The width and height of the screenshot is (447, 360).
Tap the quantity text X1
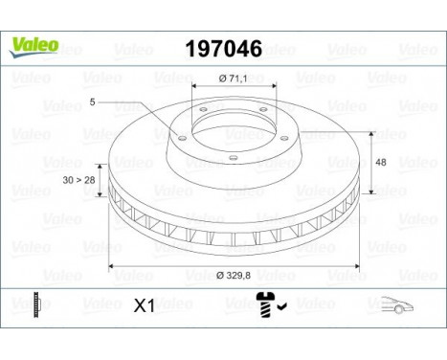pos(144,307)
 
